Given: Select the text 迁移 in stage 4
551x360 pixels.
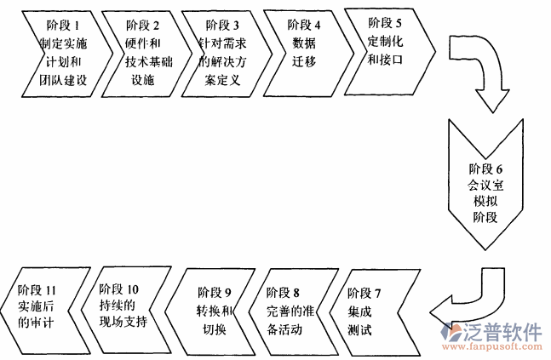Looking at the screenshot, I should (x=303, y=62).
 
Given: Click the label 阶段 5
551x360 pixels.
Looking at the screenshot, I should (x=385, y=20).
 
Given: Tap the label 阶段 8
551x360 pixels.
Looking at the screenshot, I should (x=284, y=293).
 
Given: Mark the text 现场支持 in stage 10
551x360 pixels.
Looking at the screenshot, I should (x=123, y=323).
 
